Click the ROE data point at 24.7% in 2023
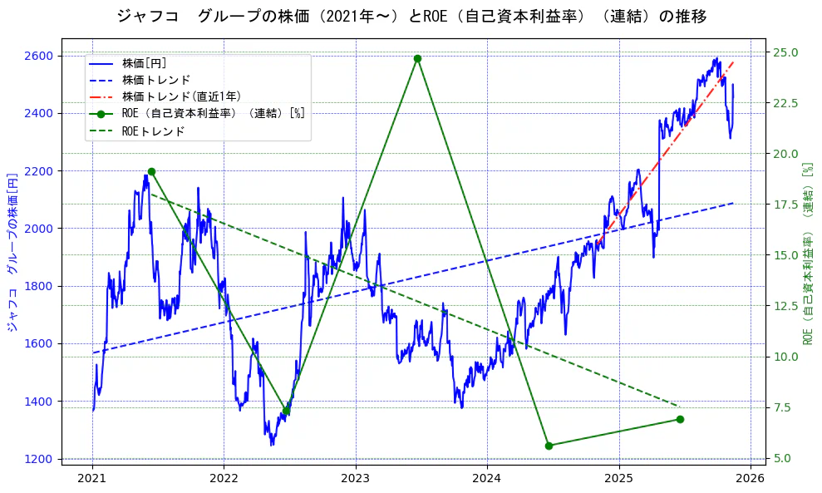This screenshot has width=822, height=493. point(417,58)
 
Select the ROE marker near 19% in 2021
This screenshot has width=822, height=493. point(151,172)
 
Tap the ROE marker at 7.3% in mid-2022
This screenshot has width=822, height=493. point(286,411)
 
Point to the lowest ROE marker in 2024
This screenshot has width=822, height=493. point(549,446)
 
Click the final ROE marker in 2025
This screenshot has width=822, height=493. point(680,419)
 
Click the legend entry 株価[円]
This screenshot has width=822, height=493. point(145,63)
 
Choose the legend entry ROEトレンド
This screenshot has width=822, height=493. point(153,131)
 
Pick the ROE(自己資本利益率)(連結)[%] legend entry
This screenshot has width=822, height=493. point(213,114)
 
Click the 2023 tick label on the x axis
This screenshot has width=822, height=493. point(356,479)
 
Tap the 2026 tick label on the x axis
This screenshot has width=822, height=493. point(751,479)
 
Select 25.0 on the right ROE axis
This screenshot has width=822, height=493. point(786,52)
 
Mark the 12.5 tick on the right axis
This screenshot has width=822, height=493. point(786,306)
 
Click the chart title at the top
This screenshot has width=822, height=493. point(411,17)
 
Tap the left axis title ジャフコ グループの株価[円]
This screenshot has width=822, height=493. point(12,252)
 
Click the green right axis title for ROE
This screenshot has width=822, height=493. point(808,253)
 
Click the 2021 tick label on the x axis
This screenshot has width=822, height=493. point(92,479)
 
